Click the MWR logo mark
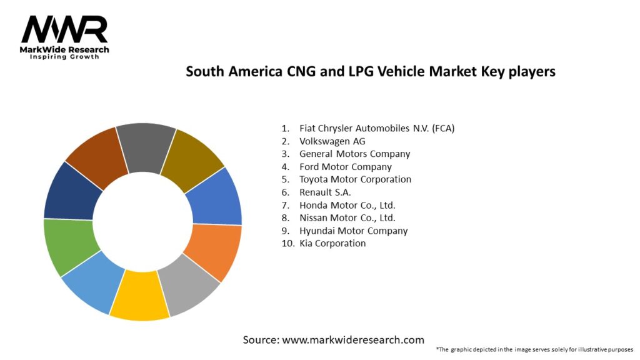click(x=64, y=29)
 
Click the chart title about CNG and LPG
click(x=371, y=72)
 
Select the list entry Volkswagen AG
click(x=332, y=141)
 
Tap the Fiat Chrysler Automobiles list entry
click(x=376, y=128)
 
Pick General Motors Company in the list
click(x=354, y=154)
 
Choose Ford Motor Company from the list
click(x=345, y=167)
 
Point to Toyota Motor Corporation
click(x=355, y=179)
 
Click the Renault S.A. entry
click(x=325, y=192)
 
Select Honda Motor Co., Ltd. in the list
click(x=347, y=205)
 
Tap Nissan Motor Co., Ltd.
click(x=347, y=218)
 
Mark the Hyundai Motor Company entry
click(x=353, y=231)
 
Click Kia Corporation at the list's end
click(x=332, y=243)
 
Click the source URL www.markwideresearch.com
click(x=353, y=340)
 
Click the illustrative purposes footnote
click(x=534, y=349)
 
